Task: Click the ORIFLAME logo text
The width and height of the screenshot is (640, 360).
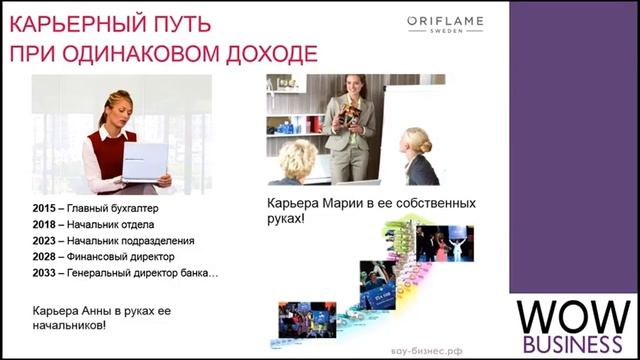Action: tap(444, 20)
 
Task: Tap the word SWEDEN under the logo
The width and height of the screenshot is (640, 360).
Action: tap(445, 32)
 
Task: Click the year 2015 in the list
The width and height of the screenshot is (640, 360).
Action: tap(44, 209)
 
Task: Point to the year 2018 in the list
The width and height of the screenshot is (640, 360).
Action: tap(44, 225)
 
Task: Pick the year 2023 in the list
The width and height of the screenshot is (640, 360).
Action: tap(44, 241)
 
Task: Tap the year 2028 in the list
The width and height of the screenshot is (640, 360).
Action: tap(44, 257)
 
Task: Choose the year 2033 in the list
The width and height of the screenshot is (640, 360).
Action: tap(44, 273)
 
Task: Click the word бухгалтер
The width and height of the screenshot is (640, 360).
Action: tap(130, 209)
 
